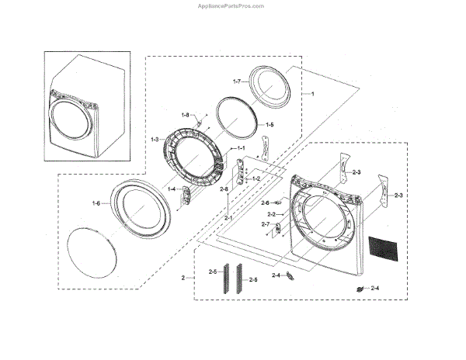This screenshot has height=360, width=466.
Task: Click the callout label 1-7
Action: [x=238, y=81]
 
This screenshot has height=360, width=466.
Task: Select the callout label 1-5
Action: [x=269, y=124]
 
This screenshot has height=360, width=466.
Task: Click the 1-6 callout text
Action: [x=96, y=203]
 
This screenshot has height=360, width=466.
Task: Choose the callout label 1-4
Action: [x=172, y=189]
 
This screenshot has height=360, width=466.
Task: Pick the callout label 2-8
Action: [x=224, y=189]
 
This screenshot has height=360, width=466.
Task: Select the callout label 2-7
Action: [x=265, y=224]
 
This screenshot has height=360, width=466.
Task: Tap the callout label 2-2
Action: [x=272, y=213]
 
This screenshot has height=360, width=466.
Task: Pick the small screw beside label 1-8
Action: [x=200, y=121]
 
